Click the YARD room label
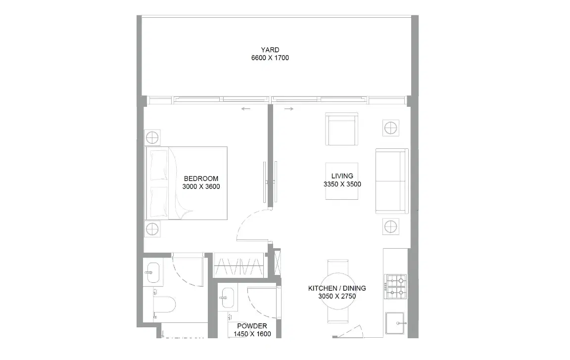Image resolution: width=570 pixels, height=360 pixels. (x=270, y=50)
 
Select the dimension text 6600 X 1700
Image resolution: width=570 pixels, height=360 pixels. (x=270, y=58)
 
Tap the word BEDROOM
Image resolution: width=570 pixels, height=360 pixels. (x=201, y=179)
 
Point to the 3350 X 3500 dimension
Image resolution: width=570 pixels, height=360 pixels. (x=342, y=184)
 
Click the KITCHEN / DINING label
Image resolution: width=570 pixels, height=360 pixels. (x=337, y=288)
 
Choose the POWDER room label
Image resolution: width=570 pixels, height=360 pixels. (x=252, y=326)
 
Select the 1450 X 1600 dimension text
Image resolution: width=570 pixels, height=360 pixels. (x=252, y=334)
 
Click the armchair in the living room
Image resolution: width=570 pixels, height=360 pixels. (x=341, y=130)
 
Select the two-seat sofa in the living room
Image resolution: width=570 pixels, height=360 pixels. (x=391, y=181)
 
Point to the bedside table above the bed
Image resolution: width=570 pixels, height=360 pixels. (x=152, y=136)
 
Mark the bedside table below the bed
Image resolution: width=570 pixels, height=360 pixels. (x=152, y=228)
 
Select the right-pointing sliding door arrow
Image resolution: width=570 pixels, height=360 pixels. (x=289, y=109)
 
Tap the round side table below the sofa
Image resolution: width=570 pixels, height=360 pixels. (x=390, y=227)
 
